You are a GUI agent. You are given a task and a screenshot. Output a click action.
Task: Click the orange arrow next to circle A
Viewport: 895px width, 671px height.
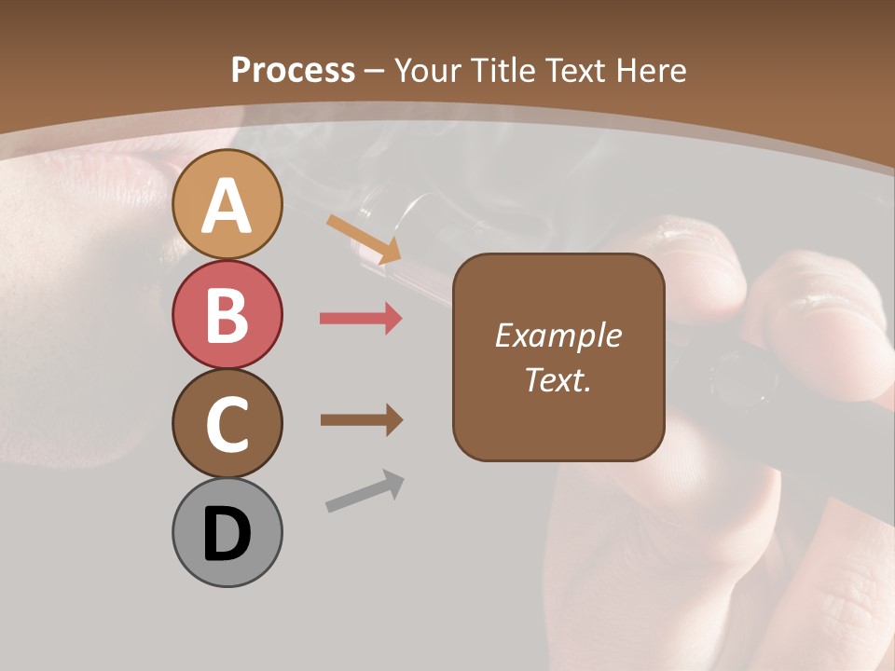364,239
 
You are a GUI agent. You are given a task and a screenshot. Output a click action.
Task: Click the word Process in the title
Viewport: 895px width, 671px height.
293,70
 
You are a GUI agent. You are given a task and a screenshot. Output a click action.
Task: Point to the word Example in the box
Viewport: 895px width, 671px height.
558,335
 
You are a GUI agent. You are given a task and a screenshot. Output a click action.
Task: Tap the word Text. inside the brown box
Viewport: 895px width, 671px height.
558,379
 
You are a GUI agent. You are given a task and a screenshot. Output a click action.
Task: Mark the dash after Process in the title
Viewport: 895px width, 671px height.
374,71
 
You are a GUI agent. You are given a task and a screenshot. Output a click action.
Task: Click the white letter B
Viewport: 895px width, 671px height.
227,315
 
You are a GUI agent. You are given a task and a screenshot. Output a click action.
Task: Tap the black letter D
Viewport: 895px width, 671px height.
227,535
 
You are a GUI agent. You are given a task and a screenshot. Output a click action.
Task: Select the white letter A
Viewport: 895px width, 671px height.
227,205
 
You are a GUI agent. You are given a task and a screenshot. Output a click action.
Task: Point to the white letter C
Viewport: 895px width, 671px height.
227,425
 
